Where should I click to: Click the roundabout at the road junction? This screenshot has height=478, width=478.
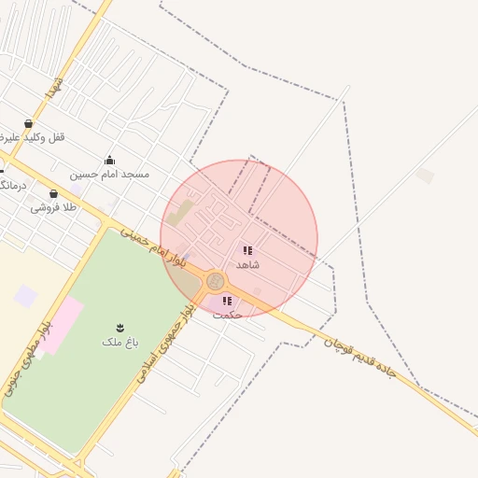click(216, 280)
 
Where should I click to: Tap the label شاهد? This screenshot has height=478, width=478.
click(247, 265)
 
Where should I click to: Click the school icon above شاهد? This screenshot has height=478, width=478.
click(247, 250)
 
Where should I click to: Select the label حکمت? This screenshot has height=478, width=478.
click(227, 316)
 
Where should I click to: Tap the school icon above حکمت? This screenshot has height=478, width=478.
click(227, 301)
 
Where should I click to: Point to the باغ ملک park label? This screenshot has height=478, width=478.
click(119, 343)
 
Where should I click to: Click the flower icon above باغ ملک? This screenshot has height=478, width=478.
click(119, 327)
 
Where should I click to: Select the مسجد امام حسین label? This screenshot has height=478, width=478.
click(109, 175)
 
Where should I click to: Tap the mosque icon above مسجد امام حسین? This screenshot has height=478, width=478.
click(109, 160)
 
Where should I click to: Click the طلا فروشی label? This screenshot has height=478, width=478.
click(53, 208)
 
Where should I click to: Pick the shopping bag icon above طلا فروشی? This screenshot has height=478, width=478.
click(53, 193)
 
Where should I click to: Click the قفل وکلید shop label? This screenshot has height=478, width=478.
click(37, 137)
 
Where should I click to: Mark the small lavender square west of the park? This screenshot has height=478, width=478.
click(26, 296)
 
